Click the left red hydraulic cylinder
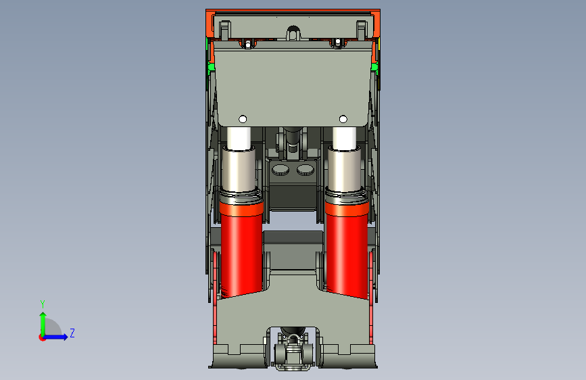(x=241, y=249)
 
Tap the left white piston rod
(x=239, y=138)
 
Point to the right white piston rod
(x=344, y=138)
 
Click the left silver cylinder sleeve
(x=239, y=170)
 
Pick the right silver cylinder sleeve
(x=345, y=170)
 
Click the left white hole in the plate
(x=243, y=119)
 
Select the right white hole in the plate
(x=343, y=119)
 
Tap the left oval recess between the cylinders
(x=280, y=170)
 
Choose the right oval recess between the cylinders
(x=306, y=170)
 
